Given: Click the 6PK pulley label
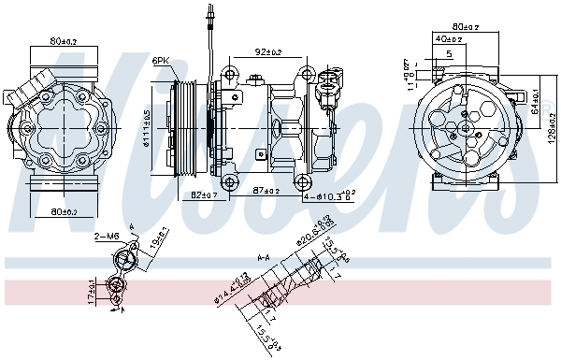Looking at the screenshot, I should click(161, 62).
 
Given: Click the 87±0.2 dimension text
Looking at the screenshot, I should click(266, 192).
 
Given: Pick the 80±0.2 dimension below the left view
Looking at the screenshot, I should click(65, 212).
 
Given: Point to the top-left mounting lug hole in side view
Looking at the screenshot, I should click(229, 73).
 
